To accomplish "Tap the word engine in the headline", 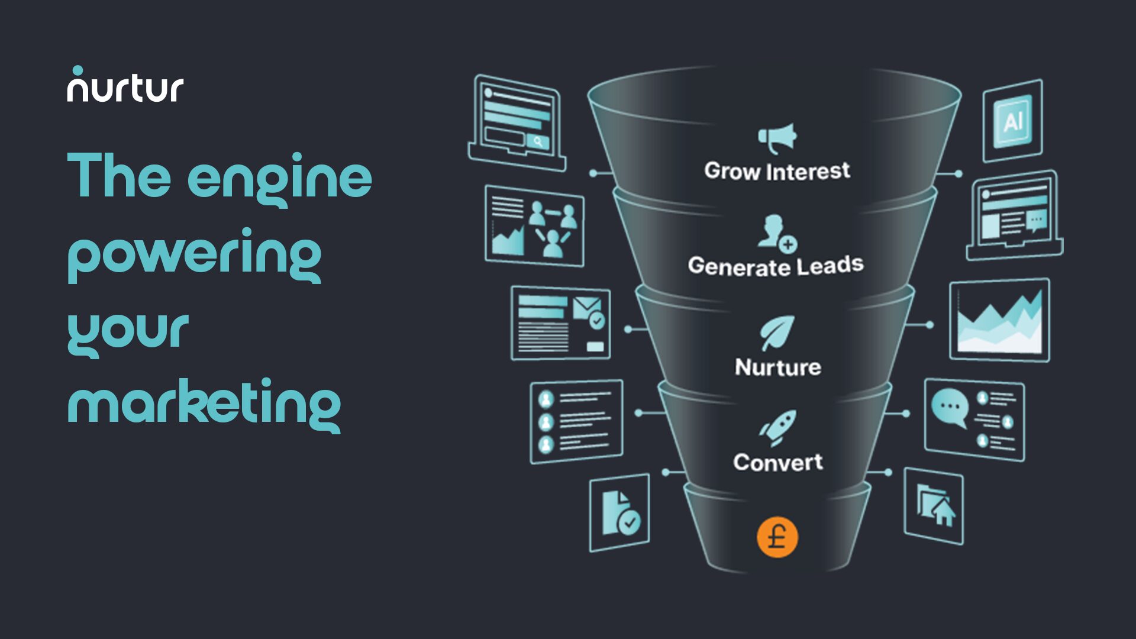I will coord(279,177).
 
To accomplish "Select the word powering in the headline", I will coord(194,254).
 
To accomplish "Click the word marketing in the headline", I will coord(204,405).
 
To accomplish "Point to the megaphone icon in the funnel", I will coord(777,137).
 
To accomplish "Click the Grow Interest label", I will coord(777,171).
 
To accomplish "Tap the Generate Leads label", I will coord(775,266).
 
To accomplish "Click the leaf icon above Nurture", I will coord(777,333).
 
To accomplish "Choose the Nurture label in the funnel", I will coord(777,367).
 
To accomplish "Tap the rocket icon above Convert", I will coord(777,427).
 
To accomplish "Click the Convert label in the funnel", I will coord(777,462).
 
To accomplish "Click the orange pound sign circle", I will coord(777,537).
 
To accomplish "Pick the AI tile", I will coord(1012,121).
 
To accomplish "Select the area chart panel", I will coord(999,320).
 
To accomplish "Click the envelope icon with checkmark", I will coord(588,312).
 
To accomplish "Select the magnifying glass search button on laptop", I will coord(538,141).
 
